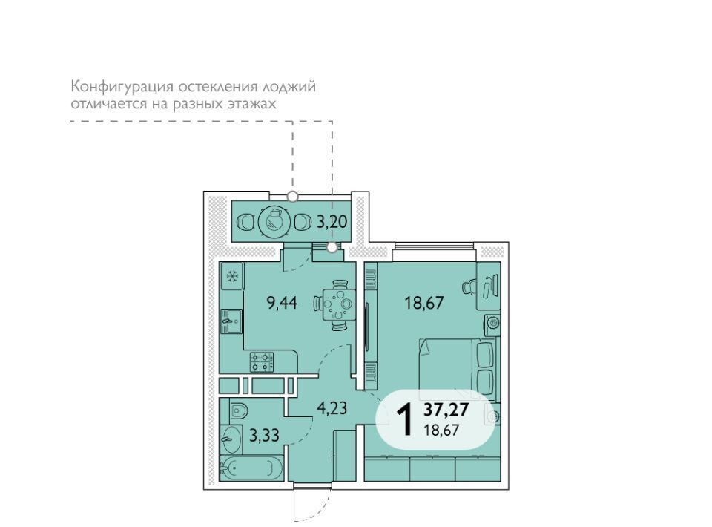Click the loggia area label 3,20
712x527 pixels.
coord(332,222)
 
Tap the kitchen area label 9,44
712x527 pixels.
coord(282,302)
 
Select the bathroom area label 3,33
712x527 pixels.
coord(264,435)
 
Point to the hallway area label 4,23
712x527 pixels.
coord(332,408)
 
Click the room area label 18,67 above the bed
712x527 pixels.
coord(424,302)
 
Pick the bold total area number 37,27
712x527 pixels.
coord(446,410)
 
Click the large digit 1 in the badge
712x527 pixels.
coord(404,420)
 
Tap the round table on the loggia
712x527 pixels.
coord(274,222)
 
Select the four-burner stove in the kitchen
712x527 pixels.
coord(262,362)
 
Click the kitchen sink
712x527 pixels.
coord(232,321)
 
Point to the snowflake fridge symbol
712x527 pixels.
coord(232,276)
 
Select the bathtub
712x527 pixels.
coord(251,468)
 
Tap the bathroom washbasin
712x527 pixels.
coord(231,439)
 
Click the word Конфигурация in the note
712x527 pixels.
coord(122,87)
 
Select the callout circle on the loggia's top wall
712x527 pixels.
coord(293,196)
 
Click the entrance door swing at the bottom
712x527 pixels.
coord(313,503)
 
